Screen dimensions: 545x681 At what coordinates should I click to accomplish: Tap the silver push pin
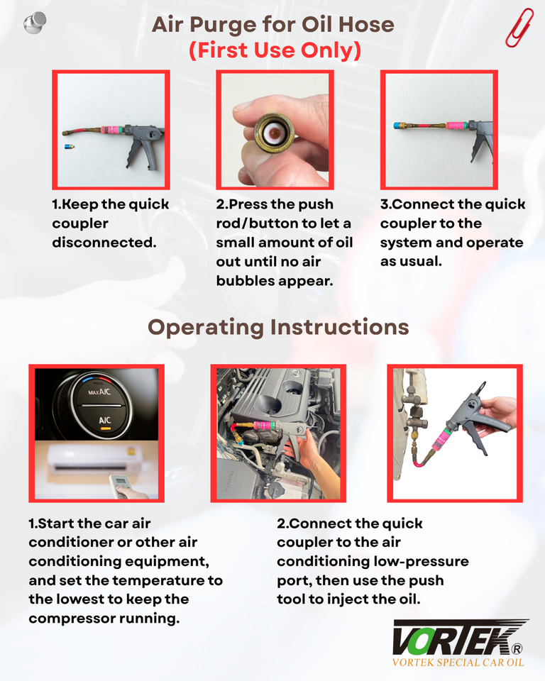(x=35, y=23)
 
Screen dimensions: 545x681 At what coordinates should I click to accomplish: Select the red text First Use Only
(x=275, y=50)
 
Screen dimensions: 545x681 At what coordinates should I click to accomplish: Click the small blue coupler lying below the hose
(x=69, y=147)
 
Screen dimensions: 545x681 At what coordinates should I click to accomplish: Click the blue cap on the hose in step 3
(x=397, y=126)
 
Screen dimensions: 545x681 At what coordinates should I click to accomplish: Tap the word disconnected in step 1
(x=104, y=243)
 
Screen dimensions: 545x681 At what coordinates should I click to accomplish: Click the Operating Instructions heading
(x=278, y=328)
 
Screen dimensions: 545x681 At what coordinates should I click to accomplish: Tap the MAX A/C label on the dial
(x=99, y=392)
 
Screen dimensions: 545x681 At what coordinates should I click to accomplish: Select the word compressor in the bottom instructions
(x=72, y=619)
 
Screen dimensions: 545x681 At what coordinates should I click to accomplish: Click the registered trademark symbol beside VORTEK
(x=517, y=649)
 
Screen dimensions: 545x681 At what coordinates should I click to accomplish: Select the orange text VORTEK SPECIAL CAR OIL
(x=458, y=663)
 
